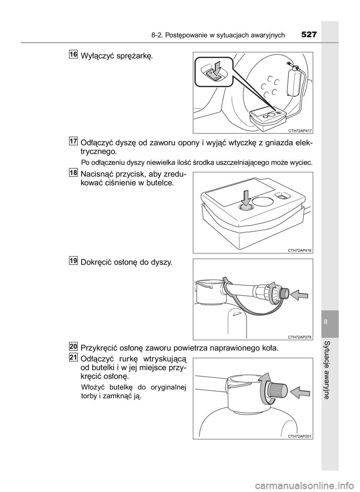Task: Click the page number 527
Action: point(309,35)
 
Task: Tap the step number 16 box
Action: point(73,54)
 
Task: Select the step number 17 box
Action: point(73,141)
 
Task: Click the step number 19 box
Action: point(73,260)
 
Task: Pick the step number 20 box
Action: point(73,346)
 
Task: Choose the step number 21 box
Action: point(73,357)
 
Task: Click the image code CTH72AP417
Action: point(300,131)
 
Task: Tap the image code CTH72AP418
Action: point(300,251)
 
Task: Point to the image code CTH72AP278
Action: point(300,337)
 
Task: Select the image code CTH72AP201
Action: point(300,437)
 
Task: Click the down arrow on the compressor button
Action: point(247,199)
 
